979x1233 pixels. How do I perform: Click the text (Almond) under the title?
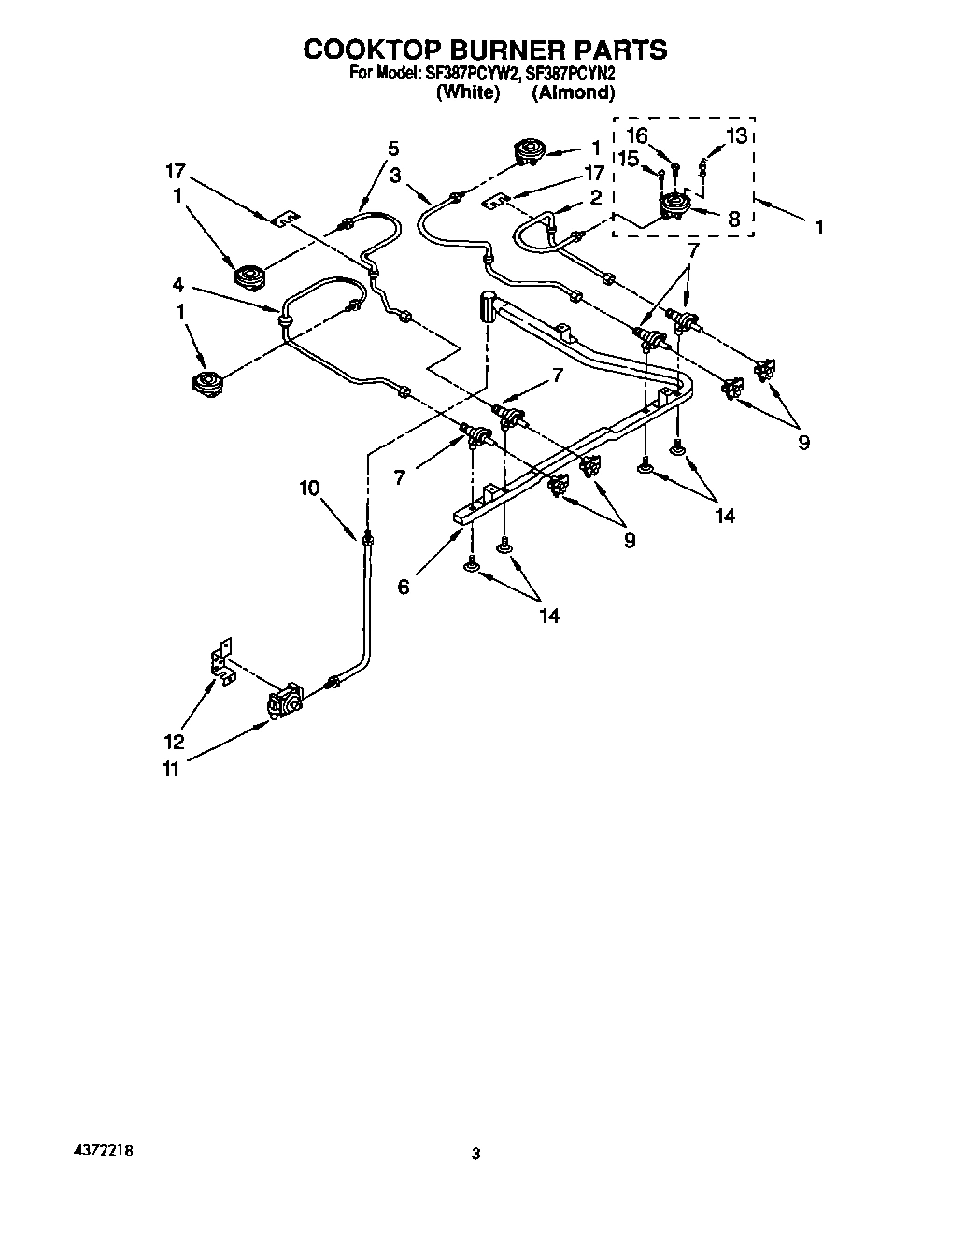click(x=573, y=92)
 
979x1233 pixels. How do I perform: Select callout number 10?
click(x=309, y=487)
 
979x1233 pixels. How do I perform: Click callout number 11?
click(x=169, y=769)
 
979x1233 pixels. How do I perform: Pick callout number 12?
click(x=174, y=742)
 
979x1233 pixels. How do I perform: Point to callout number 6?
click(x=403, y=587)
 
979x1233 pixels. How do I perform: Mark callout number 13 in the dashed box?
click(x=736, y=136)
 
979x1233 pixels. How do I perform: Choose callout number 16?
click(x=637, y=136)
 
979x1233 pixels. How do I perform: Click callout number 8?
click(x=733, y=220)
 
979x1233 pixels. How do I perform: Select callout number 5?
click(x=392, y=148)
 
